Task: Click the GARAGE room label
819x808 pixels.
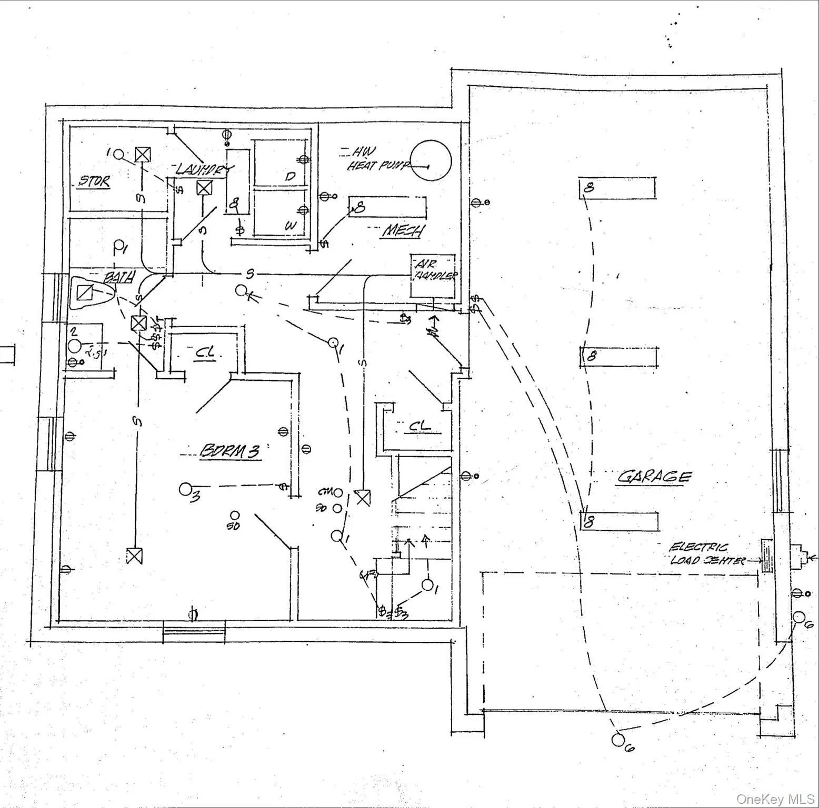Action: pyautogui.click(x=653, y=477)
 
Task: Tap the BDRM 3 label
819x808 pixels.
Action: pyautogui.click(x=230, y=451)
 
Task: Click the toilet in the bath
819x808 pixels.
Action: pyautogui.click(x=88, y=292)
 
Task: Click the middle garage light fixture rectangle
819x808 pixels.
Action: pyautogui.click(x=619, y=356)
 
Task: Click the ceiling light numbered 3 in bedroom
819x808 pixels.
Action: pyautogui.click(x=185, y=489)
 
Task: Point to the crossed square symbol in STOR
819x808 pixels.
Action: pyautogui.click(x=141, y=154)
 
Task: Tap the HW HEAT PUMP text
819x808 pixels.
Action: pyautogui.click(x=376, y=159)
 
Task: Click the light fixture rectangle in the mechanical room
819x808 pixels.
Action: pyautogui.click(x=387, y=207)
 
